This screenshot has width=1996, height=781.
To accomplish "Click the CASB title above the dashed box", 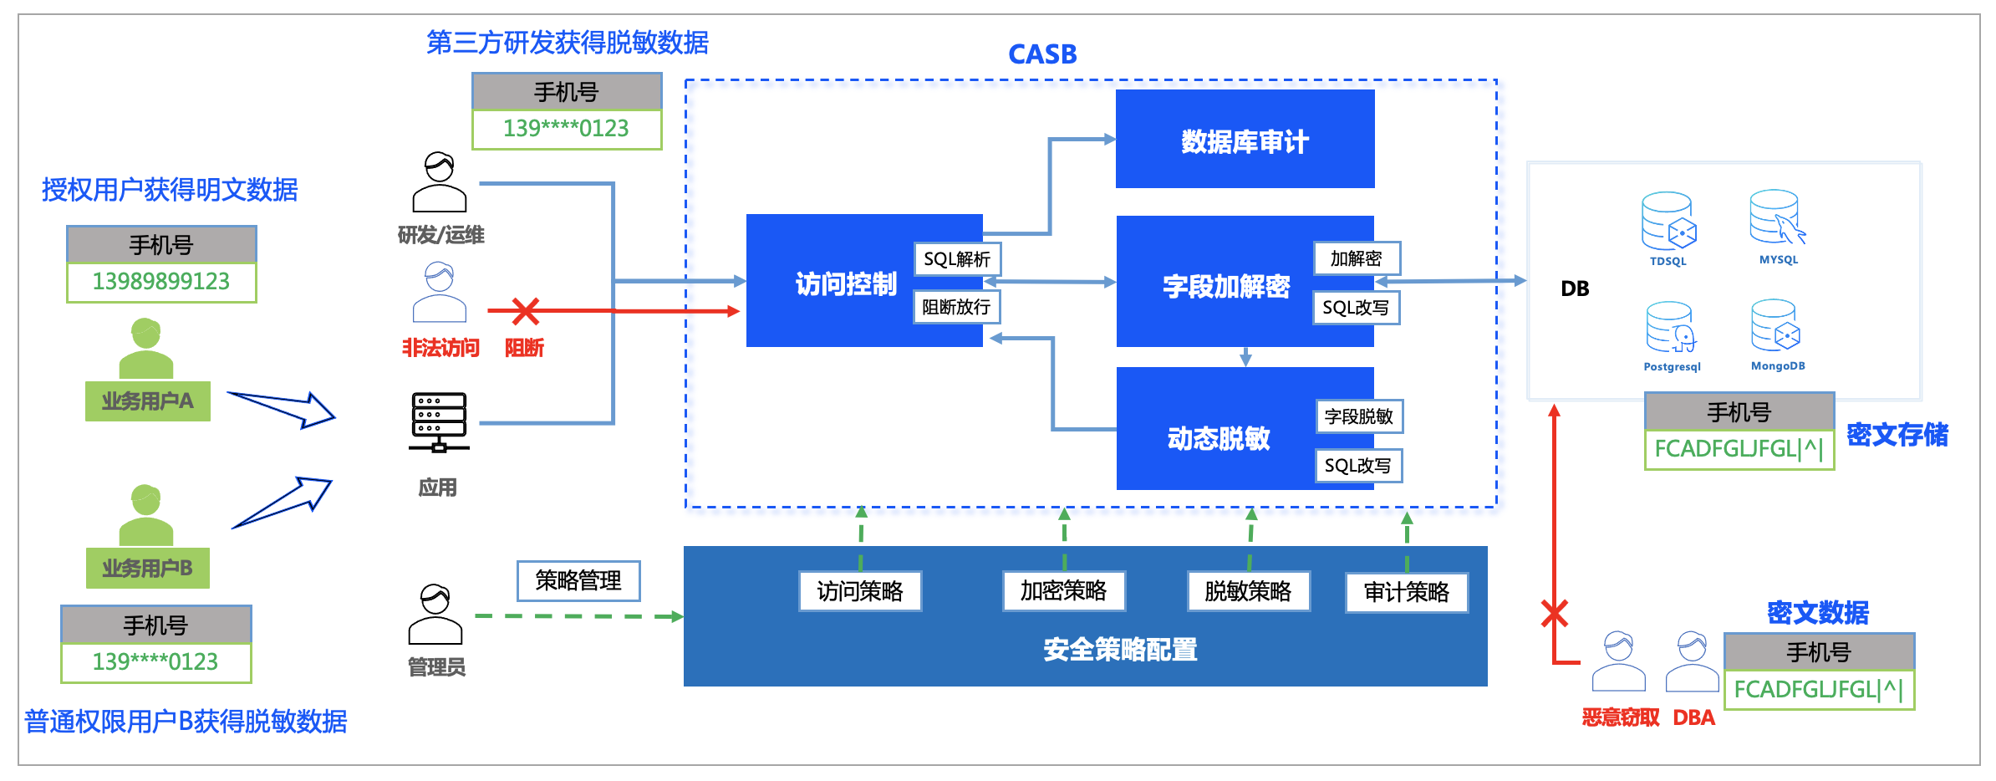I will point(1042,54).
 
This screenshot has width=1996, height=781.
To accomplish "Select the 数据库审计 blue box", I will point(1245,140).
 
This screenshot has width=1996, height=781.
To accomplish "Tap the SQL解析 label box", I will point(957,259).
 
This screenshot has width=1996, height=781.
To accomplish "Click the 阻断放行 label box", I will point(956,307).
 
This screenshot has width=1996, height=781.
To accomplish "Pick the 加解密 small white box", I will point(1356,258).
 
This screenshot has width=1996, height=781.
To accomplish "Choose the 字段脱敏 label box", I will point(1358,416).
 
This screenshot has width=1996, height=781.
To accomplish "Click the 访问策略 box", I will point(860,591).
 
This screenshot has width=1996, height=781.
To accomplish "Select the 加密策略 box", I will point(1063,591).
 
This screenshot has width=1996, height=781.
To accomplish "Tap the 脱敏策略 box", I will point(1248,591).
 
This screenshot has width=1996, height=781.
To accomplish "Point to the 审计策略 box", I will point(1406,592).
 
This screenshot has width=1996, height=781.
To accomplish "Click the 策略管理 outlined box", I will point(578,580).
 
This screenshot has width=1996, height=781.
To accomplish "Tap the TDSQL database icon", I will point(1668,222).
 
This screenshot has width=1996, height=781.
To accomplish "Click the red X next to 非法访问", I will point(526,311).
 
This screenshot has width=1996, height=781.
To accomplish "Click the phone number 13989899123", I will point(161,282).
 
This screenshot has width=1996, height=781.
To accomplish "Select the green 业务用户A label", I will point(147,401).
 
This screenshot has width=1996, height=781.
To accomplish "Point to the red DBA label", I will point(1693,717).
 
